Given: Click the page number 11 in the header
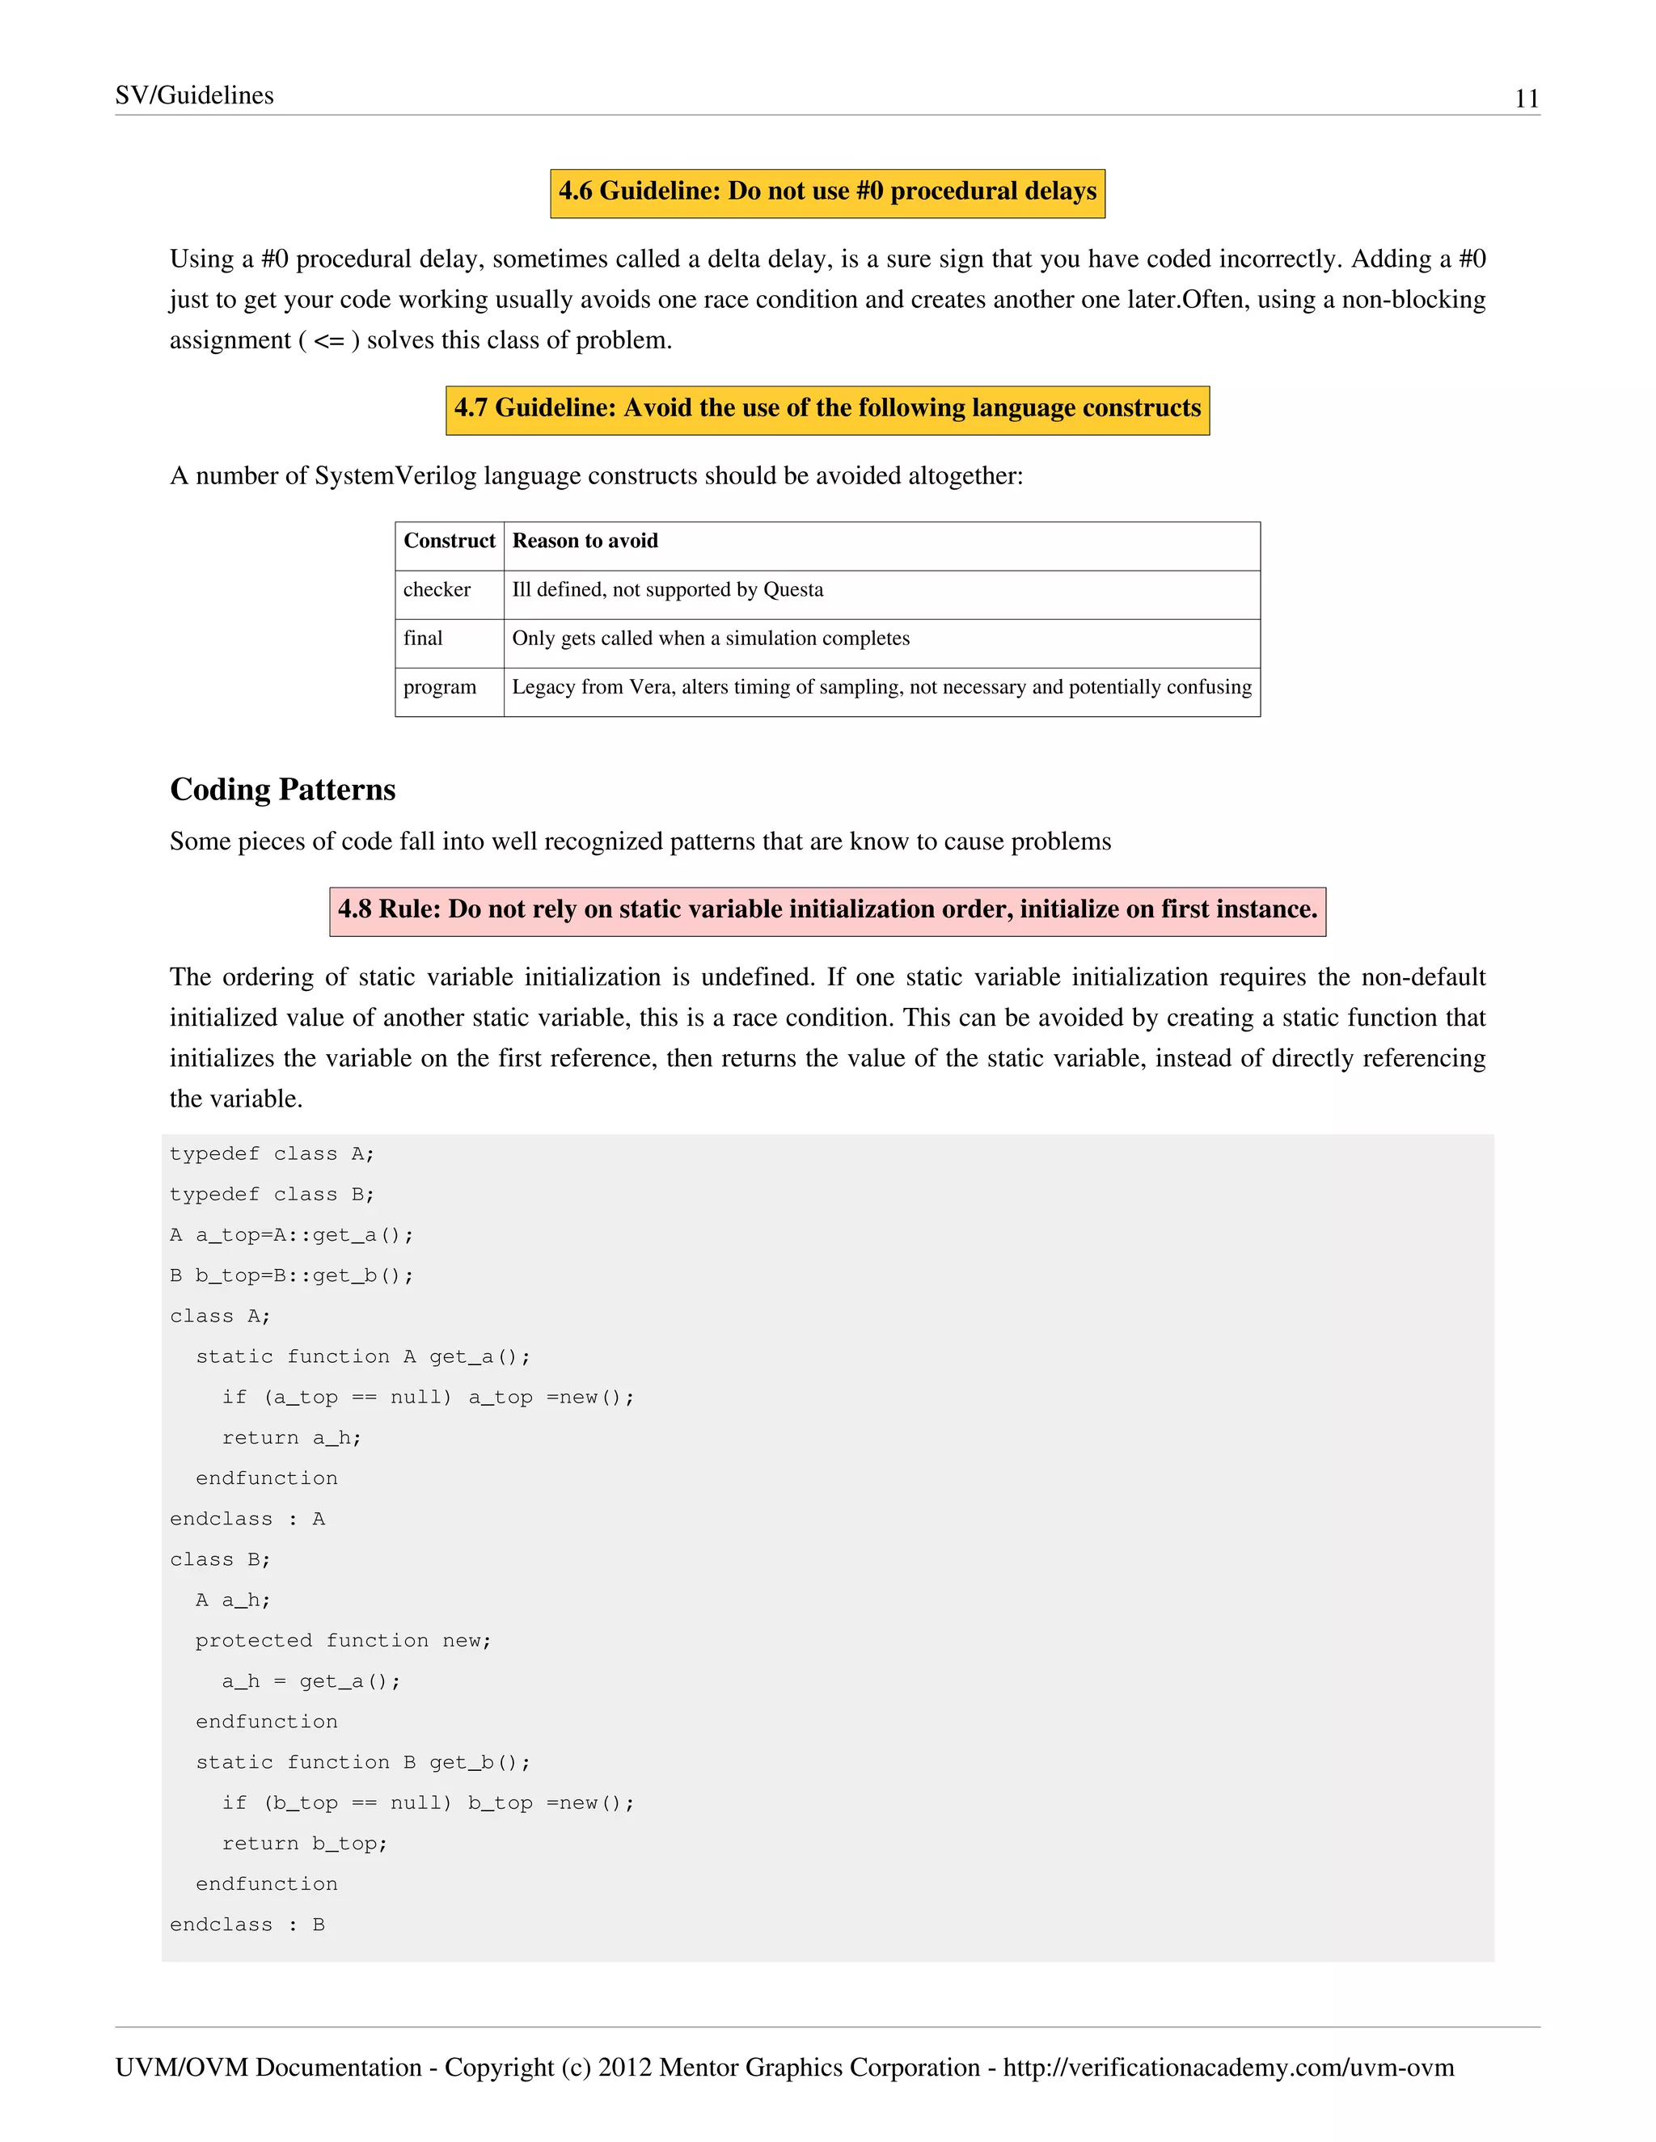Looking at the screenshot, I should [1526, 98].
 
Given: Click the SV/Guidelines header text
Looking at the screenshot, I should [194, 95].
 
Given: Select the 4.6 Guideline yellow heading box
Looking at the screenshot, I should [827, 192].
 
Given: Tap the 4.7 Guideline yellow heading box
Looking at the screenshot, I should [827, 409].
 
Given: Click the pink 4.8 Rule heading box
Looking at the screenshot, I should [827, 910].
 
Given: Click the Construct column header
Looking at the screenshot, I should [450, 542].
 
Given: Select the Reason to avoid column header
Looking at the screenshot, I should [585, 542].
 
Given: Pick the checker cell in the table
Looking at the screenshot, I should [437, 590].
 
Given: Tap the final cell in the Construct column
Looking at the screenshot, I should [423, 639].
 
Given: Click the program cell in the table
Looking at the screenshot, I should [440, 688].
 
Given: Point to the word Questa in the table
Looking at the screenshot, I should [792, 590].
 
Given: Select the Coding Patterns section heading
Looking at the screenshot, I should [282, 790].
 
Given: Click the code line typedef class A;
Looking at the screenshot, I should [272, 1154].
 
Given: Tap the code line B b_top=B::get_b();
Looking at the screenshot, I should [291, 1276].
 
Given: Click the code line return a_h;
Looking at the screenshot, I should [291, 1438].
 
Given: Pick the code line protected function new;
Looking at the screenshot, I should [344, 1641].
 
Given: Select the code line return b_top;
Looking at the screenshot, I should [304, 1844].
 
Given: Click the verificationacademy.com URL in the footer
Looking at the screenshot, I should [1227, 2068].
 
